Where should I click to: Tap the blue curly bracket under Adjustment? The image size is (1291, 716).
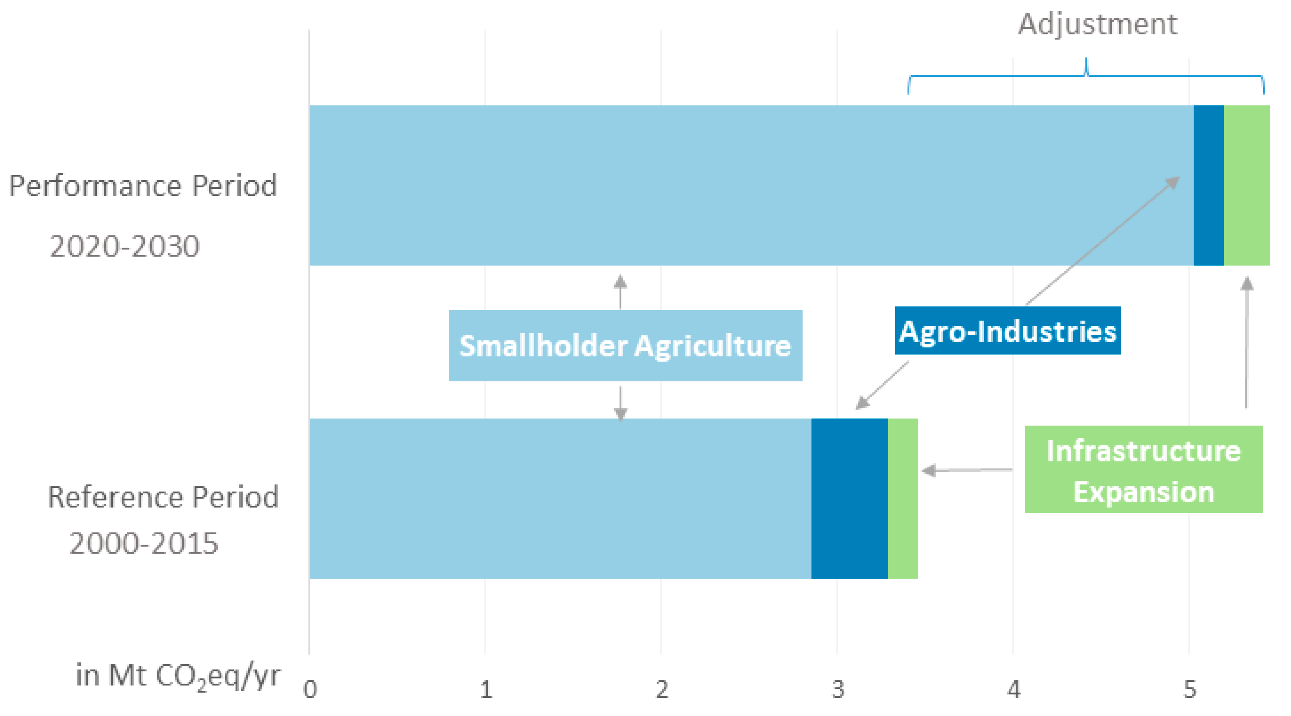[1086, 76]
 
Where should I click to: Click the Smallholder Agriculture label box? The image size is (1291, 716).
[625, 345]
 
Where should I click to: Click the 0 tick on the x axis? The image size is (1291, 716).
[310, 689]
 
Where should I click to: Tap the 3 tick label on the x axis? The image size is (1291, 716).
[838, 689]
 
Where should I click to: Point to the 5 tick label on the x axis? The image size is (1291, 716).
[1190, 689]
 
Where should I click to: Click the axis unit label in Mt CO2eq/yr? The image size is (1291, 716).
[178, 676]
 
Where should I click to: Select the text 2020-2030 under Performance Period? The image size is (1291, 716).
[125, 246]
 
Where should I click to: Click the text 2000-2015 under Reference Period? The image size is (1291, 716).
[144, 543]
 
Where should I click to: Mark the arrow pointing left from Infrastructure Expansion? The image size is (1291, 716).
[967, 470]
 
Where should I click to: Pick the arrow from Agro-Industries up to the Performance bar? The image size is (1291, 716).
[1103, 240]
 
